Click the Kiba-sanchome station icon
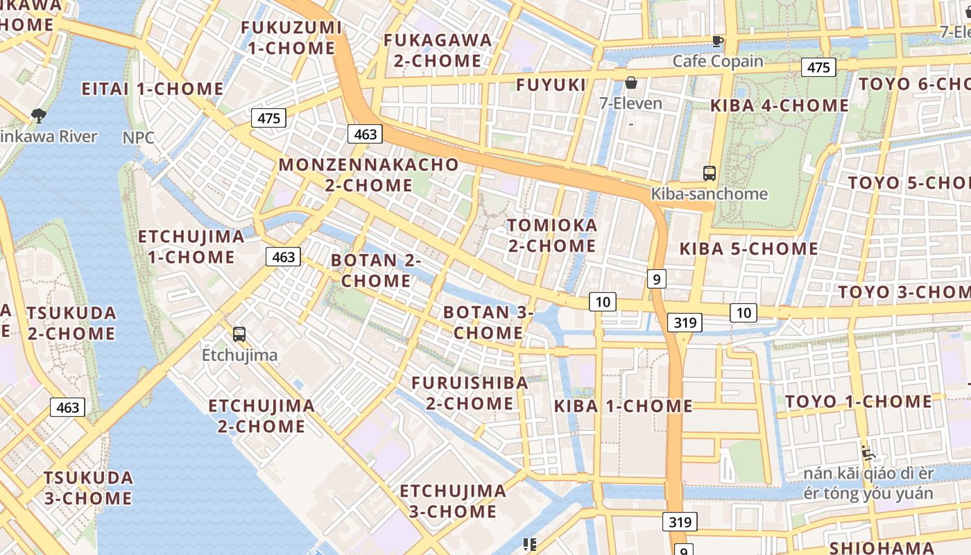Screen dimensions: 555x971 point(709,173)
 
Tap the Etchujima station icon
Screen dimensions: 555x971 point(239,334)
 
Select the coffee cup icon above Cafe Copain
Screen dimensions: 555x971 point(718,42)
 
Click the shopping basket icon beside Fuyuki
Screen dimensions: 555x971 point(631,83)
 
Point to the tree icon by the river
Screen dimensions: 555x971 point(39,115)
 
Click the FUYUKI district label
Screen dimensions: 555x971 point(551,85)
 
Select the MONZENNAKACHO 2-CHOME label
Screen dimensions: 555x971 point(368,175)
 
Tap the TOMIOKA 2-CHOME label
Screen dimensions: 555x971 point(552,235)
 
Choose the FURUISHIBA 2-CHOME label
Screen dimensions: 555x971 point(470,393)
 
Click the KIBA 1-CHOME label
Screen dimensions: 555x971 point(624,407)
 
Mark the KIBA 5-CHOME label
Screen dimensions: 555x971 point(748,249)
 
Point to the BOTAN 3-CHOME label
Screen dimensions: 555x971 point(488,323)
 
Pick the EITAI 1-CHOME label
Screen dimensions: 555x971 point(153,89)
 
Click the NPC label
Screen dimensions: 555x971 point(139,137)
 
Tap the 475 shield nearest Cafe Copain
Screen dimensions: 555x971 point(818,67)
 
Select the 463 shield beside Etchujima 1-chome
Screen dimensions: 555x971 point(284,257)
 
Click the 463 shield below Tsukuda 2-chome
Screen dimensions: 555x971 point(68,407)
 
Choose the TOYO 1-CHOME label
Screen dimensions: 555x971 point(859,402)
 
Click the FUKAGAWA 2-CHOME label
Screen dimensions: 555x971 point(438,51)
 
